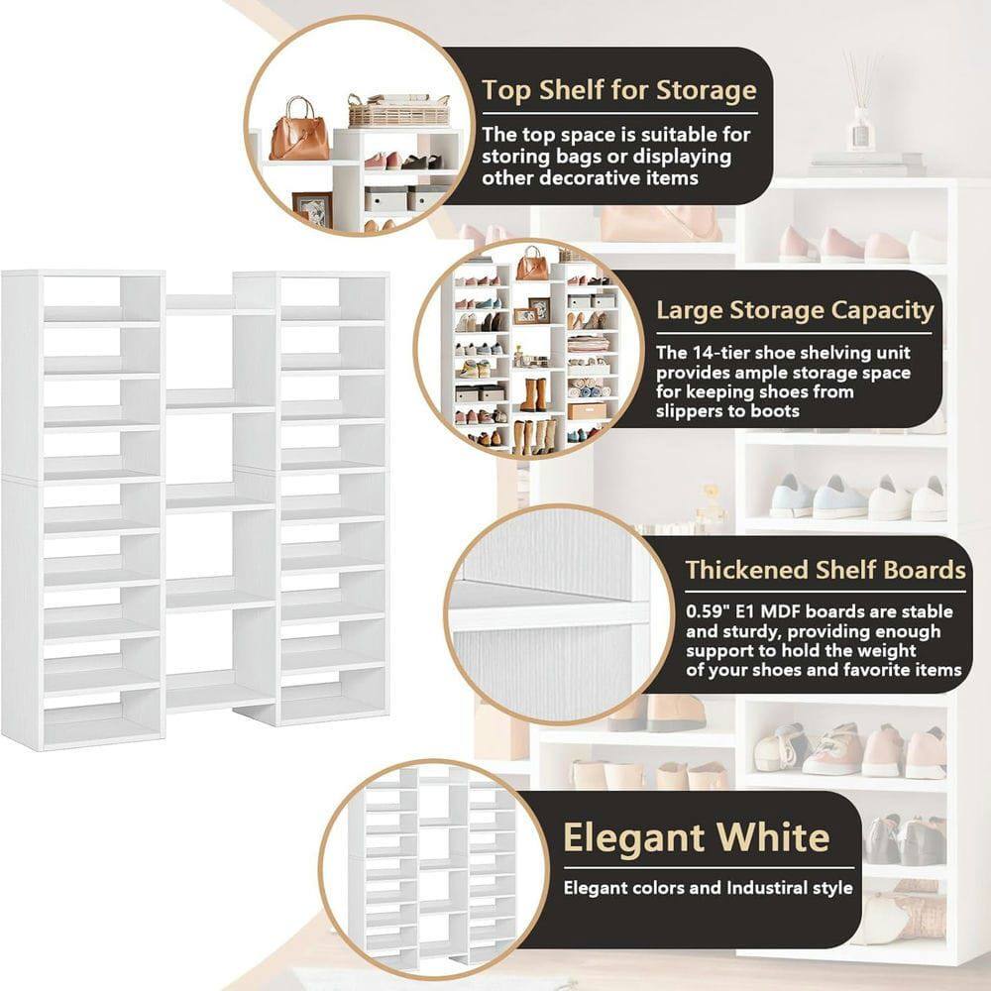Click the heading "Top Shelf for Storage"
(619, 90)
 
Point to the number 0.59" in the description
(708, 610)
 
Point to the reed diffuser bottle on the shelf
(859, 124)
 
